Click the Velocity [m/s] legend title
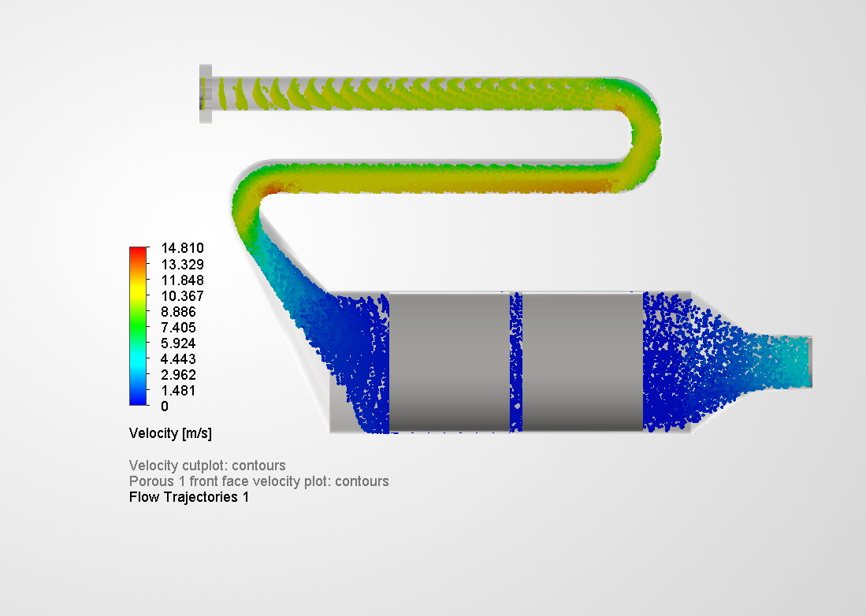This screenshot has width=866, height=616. tap(170, 433)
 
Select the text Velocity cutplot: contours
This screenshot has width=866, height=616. tap(207, 466)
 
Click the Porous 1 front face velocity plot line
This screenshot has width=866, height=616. tap(258, 481)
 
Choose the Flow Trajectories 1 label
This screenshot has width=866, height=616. tap(189, 497)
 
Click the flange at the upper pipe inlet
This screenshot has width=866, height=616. tap(206, 94)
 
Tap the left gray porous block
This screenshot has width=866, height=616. tap(449, 362)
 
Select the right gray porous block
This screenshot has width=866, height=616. tap(582, 362)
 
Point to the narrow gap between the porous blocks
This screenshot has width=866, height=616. tap(516, 362)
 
